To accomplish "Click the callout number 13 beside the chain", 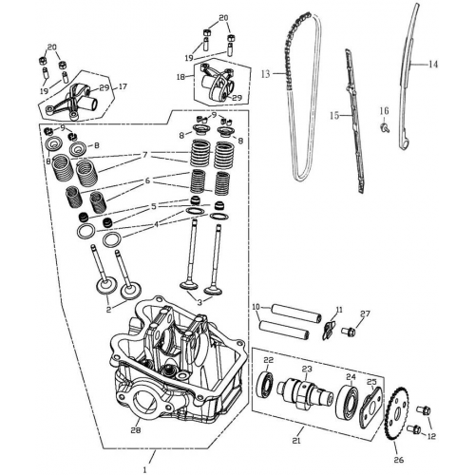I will tap(266, 72).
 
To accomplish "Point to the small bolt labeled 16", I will tap(386, 126).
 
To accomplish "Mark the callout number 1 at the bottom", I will tap(144, 468).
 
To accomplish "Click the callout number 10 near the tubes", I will tap(256, 307).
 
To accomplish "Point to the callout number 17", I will tap(122, 85).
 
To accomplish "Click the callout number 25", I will tap(372, 382).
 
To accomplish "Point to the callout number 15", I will tap(334, 115).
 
